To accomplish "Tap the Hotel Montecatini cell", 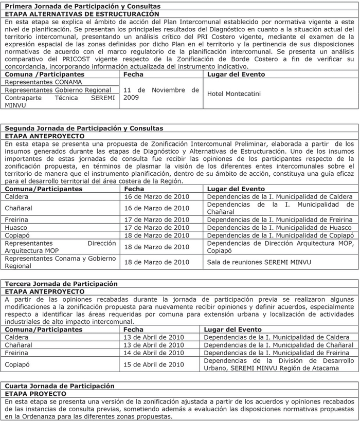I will click(234, 94).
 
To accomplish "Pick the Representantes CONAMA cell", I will click(37, 82).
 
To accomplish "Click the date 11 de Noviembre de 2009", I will click(161, 94).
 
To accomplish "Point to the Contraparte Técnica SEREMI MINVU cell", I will click(60, 101).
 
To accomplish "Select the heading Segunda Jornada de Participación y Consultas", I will click(84, 128).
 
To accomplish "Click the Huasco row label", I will click(17, 228).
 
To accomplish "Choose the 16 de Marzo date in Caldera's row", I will click(156, 197).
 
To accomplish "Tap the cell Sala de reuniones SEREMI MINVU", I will click(259, 262).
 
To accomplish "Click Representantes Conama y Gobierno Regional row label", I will click(60, 262).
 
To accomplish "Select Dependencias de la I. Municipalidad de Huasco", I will click(279, 228).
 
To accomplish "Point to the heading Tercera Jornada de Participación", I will click(61, 284).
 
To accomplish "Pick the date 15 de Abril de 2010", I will click(153, 364).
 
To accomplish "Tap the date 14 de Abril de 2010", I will click(153, 353).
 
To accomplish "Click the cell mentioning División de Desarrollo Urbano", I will click(278, 364).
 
